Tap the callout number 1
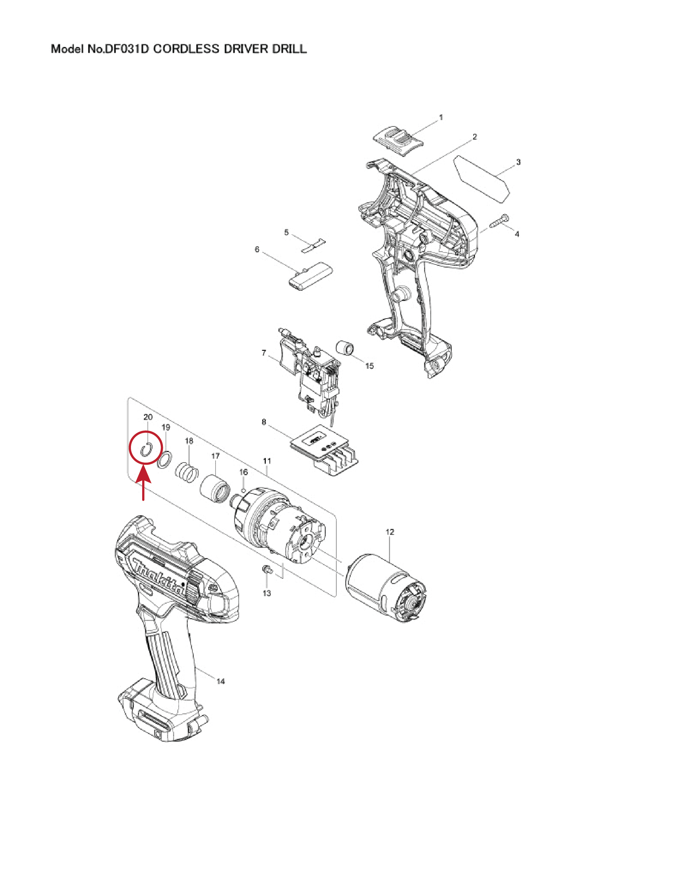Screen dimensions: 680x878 point(441,117)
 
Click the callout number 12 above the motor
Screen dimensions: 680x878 point(389,532)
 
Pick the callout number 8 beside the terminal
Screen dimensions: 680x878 point(264,422)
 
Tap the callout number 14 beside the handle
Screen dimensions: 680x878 point(220,681)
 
